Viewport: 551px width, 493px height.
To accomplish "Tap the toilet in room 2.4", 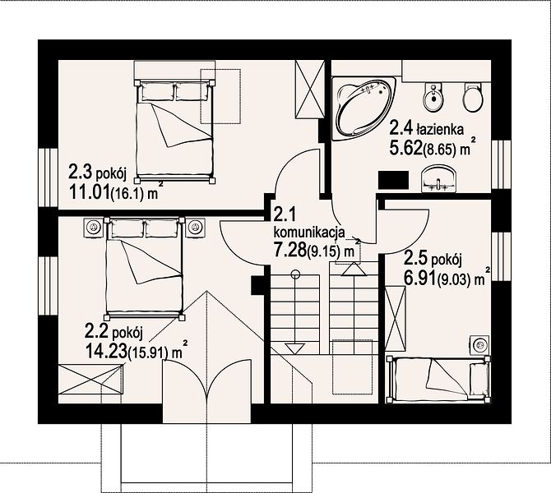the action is (x=474, y=97).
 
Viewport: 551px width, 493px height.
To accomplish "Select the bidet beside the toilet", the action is (x=433, y=97).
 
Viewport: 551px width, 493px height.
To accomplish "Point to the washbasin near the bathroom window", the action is (x=438, y=179).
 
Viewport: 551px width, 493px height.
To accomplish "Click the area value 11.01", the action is (x=90, y=191).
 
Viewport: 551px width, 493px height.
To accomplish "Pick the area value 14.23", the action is (x=106, y=350).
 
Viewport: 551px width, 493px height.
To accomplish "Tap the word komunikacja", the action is (x=309, y=232).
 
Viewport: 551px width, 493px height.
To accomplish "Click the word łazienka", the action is (x=440, y=130).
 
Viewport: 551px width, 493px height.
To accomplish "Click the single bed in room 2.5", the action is (x=438, y=380).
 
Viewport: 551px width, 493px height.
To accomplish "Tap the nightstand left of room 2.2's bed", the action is (x=94, y=227).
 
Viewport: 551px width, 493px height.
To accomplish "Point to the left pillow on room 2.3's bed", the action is (x=157, y=92).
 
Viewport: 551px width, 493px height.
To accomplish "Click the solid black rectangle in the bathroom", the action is (x=393, y=181).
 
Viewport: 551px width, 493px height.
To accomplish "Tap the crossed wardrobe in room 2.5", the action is (x=396, y=319).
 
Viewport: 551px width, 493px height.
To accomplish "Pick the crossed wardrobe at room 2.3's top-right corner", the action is (x=309, y=89).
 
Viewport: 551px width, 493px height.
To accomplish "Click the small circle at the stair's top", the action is (x=295, y=274).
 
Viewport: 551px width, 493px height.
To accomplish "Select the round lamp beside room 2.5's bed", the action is (x=479, y=345).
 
